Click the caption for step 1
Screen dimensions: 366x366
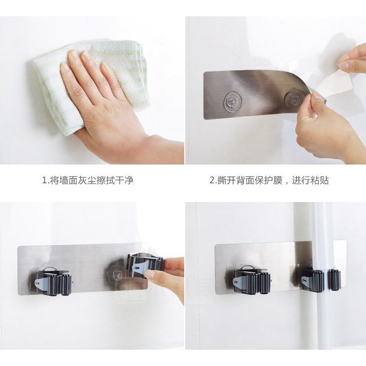[88, 180]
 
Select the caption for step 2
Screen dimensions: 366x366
[269, 180]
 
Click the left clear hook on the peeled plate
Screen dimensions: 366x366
[232, 102]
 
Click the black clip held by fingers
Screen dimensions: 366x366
[145, 264]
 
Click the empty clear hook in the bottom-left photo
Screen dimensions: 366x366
[116, 275]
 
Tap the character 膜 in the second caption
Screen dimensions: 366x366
[278, 180]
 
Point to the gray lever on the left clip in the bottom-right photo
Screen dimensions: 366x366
[238, 282]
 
